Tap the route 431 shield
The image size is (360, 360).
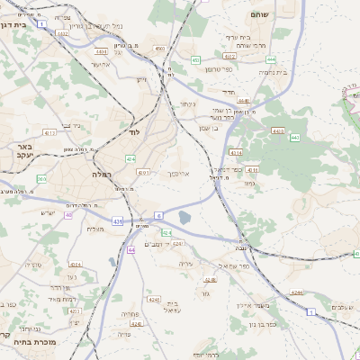(x=118, y=220)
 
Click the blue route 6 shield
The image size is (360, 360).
(x=158, y=215)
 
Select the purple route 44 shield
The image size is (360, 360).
(x=131, y=249)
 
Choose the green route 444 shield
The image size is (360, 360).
(x=271, y=59)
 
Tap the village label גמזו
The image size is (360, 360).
(x=248, y=182)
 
